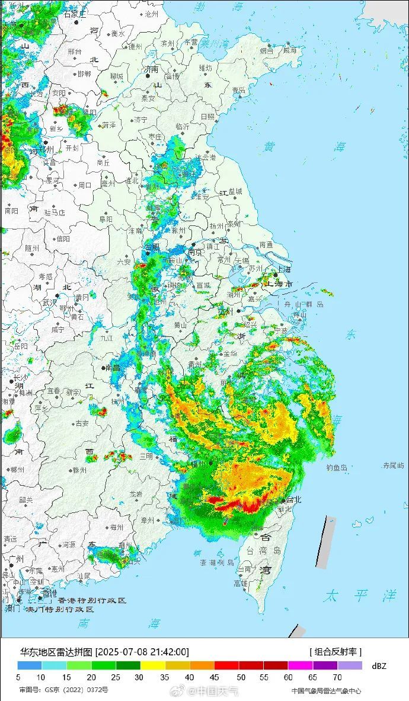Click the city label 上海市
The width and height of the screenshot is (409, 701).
pos(281,285)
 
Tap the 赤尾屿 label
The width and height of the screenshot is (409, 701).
pos(393,465)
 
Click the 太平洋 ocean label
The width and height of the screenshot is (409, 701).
pos(359,595)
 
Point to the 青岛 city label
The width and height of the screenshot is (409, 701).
pos(239,90)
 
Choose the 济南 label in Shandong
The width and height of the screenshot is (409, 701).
pos(151,69)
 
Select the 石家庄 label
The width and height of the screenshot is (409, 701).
pos(75,14)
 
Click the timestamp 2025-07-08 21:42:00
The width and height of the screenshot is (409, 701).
pos(142,652)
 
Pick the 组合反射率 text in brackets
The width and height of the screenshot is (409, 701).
pos(335,652)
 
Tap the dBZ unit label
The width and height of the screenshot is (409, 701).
pos(379,666)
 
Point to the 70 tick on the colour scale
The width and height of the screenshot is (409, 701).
pos(337,677)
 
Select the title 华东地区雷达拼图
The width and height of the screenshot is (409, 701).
pos(56,652)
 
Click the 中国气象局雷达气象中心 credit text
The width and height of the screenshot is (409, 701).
pos(326,690)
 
